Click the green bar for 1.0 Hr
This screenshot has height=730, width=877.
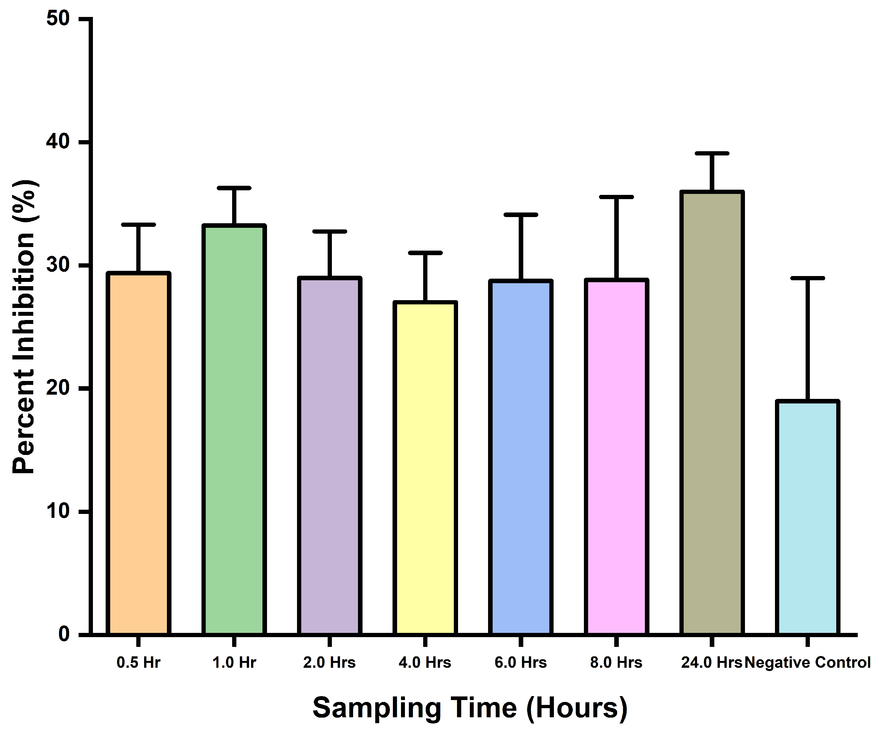234,430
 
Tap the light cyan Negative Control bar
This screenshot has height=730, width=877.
808,518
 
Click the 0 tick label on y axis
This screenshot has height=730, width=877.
64,634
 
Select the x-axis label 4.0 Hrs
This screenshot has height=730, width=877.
425,663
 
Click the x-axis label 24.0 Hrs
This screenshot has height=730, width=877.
711,663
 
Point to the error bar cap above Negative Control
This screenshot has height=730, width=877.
808,278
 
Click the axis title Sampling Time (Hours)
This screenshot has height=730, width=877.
470,708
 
